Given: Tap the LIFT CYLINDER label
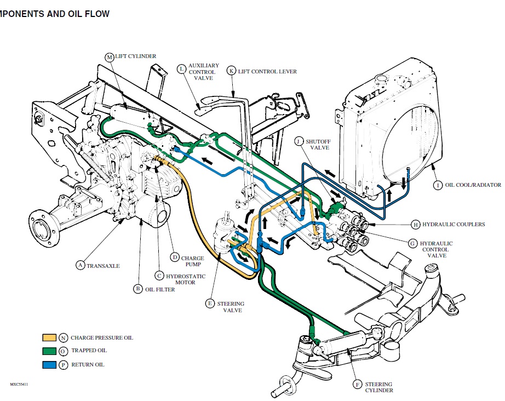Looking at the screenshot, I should [x=135, y=56].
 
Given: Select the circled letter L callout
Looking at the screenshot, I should [x=181, y=68].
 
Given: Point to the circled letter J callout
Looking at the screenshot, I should [x=298, y=141].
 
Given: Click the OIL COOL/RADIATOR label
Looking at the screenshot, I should [x=472, y=185].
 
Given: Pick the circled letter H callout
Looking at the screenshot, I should [x=416, y=224].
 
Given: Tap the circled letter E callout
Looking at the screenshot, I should [x=210, y=303].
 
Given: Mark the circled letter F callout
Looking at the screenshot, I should [x=358, y=385].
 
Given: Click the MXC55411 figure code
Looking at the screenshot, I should [x=19, y=385].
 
